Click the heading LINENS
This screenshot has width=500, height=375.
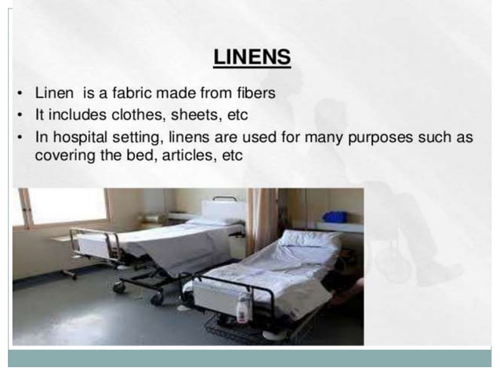(252, 57)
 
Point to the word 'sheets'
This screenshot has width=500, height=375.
(190, 115)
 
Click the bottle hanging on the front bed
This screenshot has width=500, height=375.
(244, 307)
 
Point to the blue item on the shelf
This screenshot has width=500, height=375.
(335, 216)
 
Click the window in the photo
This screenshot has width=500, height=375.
(67, 206)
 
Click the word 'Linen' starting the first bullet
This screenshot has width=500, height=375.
(54, 93)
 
